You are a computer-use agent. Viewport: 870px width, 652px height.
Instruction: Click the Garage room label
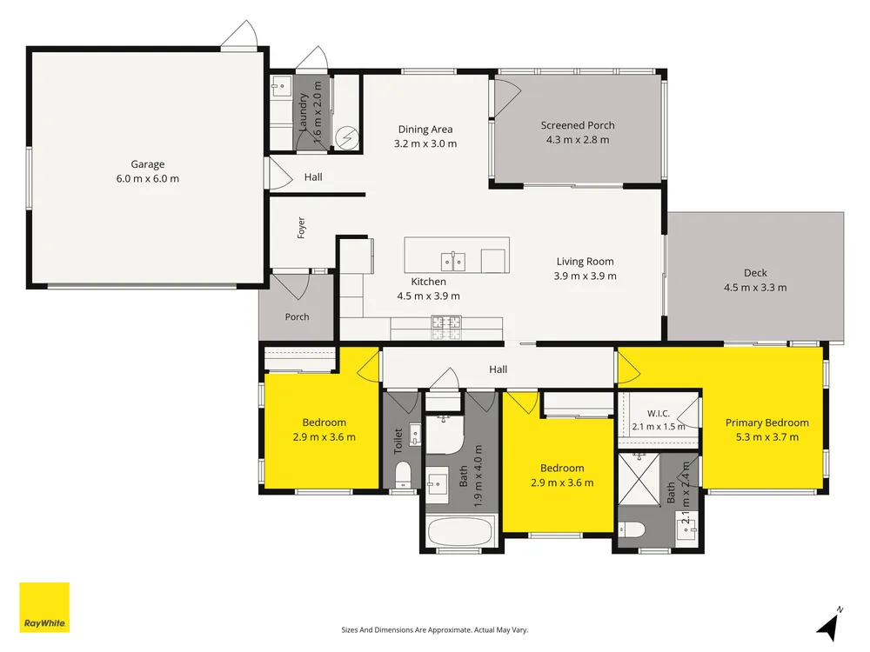tap(148, 164)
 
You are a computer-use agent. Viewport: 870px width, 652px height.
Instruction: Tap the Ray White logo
tap(44, 607)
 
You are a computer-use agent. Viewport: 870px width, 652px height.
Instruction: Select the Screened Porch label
tap(578, 125)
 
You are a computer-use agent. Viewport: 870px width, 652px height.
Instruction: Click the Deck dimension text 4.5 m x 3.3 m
tap(755, 287)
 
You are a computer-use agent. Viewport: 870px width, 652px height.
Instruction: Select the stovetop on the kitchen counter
tap(446, 327)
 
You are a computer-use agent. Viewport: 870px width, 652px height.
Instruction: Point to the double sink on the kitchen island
tap(453, 261)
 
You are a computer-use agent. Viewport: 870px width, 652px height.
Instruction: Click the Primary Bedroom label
tap(766, 422)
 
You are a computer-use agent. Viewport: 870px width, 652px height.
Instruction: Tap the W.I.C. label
tap(658, 414)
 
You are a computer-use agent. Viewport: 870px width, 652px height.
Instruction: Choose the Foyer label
tap(301, 228)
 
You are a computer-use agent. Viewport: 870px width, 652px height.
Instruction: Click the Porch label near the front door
tap(297, 316)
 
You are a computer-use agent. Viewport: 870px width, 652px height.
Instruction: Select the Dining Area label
tap(425, 130)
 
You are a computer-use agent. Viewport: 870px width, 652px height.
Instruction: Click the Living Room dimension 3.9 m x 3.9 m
tap(585, 276)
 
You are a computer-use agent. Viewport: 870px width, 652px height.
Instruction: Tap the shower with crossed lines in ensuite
tap(639, 478)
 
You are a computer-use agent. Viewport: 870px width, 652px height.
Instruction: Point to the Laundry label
tap(303, 112)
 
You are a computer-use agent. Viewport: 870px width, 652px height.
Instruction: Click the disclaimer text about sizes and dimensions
tap(434, 629)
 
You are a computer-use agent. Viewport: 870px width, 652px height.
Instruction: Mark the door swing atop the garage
tap(240, 35)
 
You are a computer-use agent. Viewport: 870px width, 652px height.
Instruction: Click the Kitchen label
tap(428, 282)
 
